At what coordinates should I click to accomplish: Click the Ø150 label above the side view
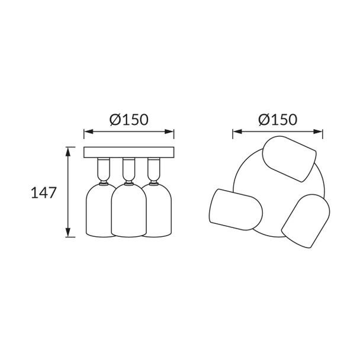point(129,120)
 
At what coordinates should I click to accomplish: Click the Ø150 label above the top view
point(278,120)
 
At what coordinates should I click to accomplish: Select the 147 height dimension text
point(44,192)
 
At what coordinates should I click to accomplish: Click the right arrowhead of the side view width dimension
point(169,131)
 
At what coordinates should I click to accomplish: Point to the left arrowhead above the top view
point(237,131)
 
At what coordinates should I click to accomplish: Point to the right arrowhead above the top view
point(318,131)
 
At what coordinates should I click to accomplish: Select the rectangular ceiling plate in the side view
point(129,152)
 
